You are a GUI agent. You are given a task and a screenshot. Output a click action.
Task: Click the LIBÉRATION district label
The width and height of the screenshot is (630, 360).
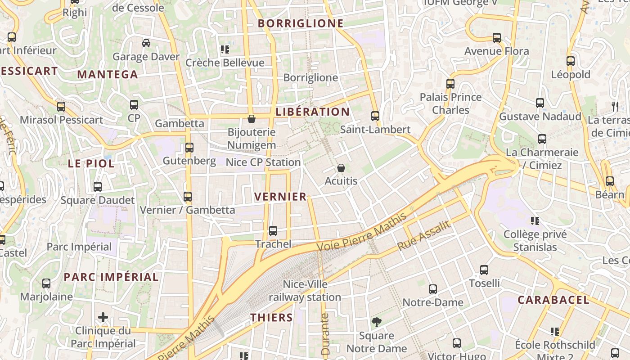(x=312, y=112)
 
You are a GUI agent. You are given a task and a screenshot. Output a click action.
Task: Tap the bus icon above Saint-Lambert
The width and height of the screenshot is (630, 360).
(x=375, y=116)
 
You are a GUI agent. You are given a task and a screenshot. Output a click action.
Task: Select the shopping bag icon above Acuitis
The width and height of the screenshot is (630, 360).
(x=341, y=168)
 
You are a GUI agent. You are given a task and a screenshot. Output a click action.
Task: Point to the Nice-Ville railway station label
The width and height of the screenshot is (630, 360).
(x=305, y=291)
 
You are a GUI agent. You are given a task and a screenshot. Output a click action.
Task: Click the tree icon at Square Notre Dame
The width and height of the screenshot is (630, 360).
(x=376, y=322)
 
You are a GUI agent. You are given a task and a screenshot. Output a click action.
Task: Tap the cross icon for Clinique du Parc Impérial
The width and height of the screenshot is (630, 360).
(x=103, y=317)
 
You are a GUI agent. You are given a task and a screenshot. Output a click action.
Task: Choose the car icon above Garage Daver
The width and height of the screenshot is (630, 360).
(x=146, y=43)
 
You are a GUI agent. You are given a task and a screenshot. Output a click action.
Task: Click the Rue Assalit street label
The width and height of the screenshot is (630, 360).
(x=424, y=236)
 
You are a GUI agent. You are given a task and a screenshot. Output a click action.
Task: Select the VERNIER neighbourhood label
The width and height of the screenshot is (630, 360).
(x=280, y=197)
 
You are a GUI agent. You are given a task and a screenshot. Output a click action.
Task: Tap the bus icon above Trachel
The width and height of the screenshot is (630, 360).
(x=273, y=231)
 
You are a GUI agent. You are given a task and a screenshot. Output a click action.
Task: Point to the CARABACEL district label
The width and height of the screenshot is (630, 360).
(x=553, y=300)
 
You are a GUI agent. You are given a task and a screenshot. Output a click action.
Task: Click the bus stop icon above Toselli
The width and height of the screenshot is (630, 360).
(x=484, y=270)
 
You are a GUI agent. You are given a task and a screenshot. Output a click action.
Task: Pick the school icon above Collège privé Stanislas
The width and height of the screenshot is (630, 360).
(x=535, y=221)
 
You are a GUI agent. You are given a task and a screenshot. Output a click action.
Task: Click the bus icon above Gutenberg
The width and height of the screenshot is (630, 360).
(x=189, y=148)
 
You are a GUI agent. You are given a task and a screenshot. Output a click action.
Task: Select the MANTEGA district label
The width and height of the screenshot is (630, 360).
(x=108, y=75)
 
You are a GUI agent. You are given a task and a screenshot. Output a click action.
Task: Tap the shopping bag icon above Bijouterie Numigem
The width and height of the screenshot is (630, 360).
(x=252, y=119)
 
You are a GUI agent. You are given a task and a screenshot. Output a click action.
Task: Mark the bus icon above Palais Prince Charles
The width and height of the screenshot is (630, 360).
(x=450, y=84)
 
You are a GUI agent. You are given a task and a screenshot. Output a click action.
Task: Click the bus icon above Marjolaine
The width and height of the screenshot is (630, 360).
(x=46, y=283)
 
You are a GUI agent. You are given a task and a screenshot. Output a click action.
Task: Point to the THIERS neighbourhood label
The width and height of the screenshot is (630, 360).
(x=271, y=317)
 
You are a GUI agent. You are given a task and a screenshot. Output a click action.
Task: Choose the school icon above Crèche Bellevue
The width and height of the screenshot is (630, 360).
(x=225, y=49)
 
